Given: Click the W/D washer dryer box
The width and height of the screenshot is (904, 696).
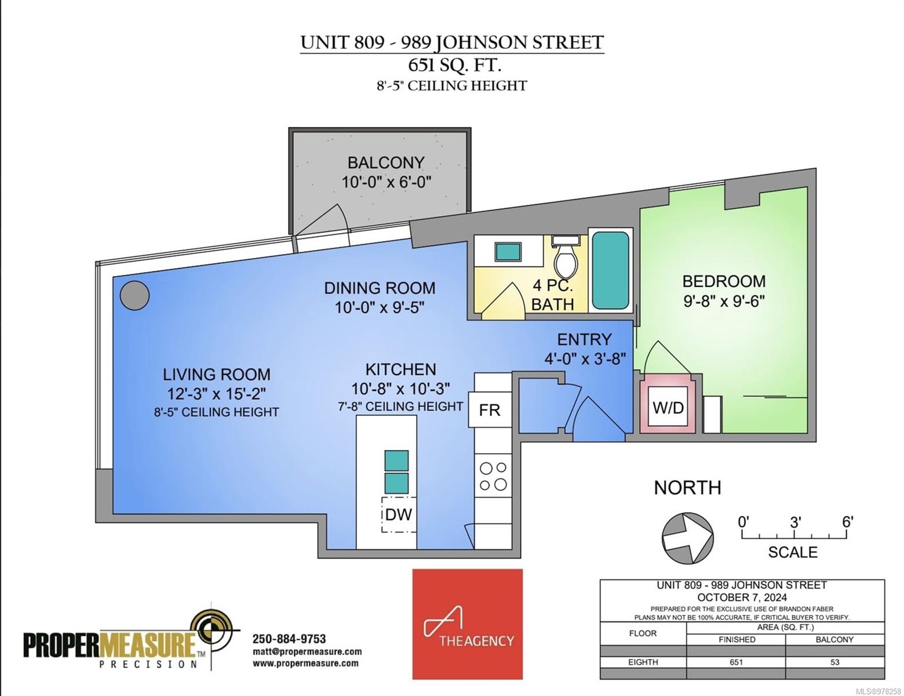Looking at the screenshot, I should pos(668,407).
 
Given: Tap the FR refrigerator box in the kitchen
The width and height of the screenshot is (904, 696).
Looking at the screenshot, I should pos(489,410).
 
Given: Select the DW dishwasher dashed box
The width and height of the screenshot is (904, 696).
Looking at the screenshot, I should pos(399,514).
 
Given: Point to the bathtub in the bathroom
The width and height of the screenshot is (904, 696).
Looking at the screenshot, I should pos(610,270).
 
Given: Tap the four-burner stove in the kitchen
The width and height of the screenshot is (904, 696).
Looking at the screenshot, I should pos(493,476).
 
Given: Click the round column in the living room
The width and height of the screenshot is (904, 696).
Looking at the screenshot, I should pos(134,296).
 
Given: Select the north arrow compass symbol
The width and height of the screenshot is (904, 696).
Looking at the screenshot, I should pos(688,538).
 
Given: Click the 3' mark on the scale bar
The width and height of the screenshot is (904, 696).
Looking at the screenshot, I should pos(795,523).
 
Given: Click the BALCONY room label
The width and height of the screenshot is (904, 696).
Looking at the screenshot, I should pos(386,162).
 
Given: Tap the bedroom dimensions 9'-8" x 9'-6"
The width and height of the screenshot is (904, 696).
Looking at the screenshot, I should pos(724,301).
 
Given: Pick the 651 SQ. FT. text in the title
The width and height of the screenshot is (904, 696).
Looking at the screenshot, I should pos(451,64).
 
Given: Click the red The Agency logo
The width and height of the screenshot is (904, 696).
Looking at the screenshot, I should pos(467,623).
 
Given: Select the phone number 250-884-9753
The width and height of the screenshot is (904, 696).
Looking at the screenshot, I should pos(289,639).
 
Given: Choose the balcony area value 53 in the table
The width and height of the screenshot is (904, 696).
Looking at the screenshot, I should pos(834,662).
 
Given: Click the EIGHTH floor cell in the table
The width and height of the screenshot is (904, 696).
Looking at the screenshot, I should pos(643,662).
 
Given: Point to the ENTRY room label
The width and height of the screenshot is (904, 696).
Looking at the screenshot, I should pos(584,339).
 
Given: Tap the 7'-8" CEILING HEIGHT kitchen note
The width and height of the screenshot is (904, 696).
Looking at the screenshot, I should pos(400,407).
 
